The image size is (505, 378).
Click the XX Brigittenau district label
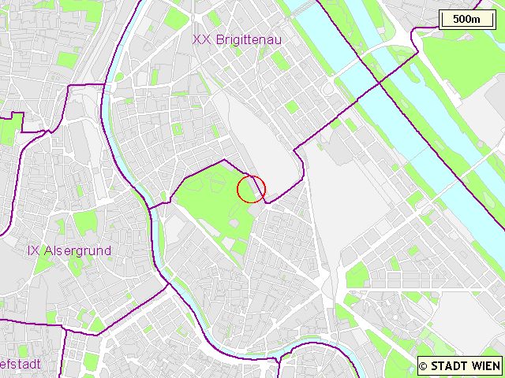[x=238, y=39]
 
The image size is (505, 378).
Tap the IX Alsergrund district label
[x=69, y=250]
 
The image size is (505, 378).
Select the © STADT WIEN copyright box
[x=459, y=365]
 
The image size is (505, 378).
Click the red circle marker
[x=251, y=189]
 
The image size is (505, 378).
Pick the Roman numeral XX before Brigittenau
[x=201, y=39]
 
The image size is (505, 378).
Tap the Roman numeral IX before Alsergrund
[x=33, y=250]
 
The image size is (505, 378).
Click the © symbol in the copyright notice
[x=423, y=365]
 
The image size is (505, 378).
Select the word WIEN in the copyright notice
[x=485, y=365]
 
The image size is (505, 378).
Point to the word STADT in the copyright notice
[x=449, y=365]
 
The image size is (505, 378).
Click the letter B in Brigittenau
[x=218, y=39]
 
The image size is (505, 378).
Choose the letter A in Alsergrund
[x=47, y=250]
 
